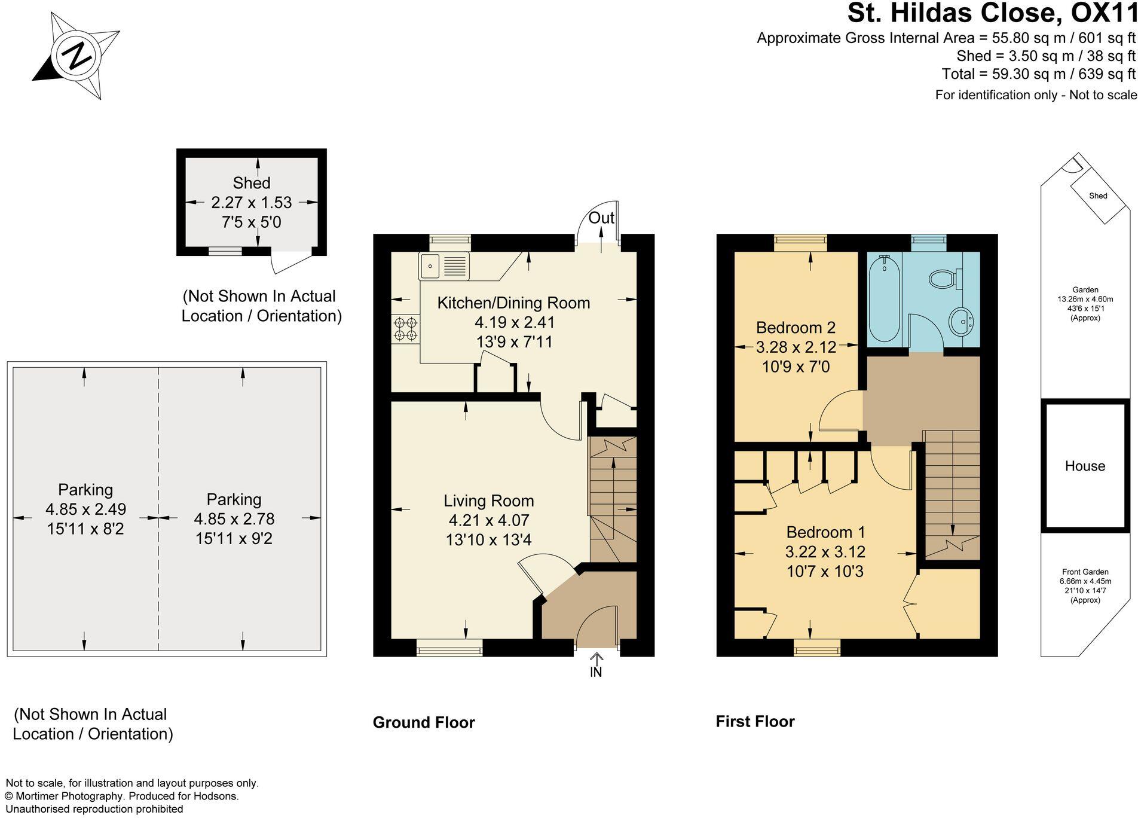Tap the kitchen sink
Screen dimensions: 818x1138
[444, 265]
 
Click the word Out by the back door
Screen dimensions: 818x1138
[601, 218]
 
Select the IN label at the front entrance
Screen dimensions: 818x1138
[596, 672]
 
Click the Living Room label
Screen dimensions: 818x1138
[488, 501]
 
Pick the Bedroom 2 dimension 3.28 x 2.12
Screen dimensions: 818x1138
[796, 347]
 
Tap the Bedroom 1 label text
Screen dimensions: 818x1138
[825, 532]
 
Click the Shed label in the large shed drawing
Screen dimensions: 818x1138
[252, 183]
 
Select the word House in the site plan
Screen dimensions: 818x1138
[1085, 466]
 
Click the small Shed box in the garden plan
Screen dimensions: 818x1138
[1098, 196]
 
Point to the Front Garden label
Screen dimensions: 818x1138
[1085, 572]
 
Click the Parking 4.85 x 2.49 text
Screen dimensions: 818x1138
[85, 509]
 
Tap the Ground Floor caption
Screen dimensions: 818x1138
[424, 722]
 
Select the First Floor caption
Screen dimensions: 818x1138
[755, 722]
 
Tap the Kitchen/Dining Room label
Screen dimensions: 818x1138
[513, 303]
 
